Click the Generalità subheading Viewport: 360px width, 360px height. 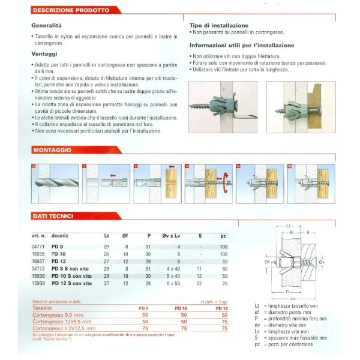point(46,26)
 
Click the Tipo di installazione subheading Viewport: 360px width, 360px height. point(218,26)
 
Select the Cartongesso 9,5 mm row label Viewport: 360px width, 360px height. point(58,314)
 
